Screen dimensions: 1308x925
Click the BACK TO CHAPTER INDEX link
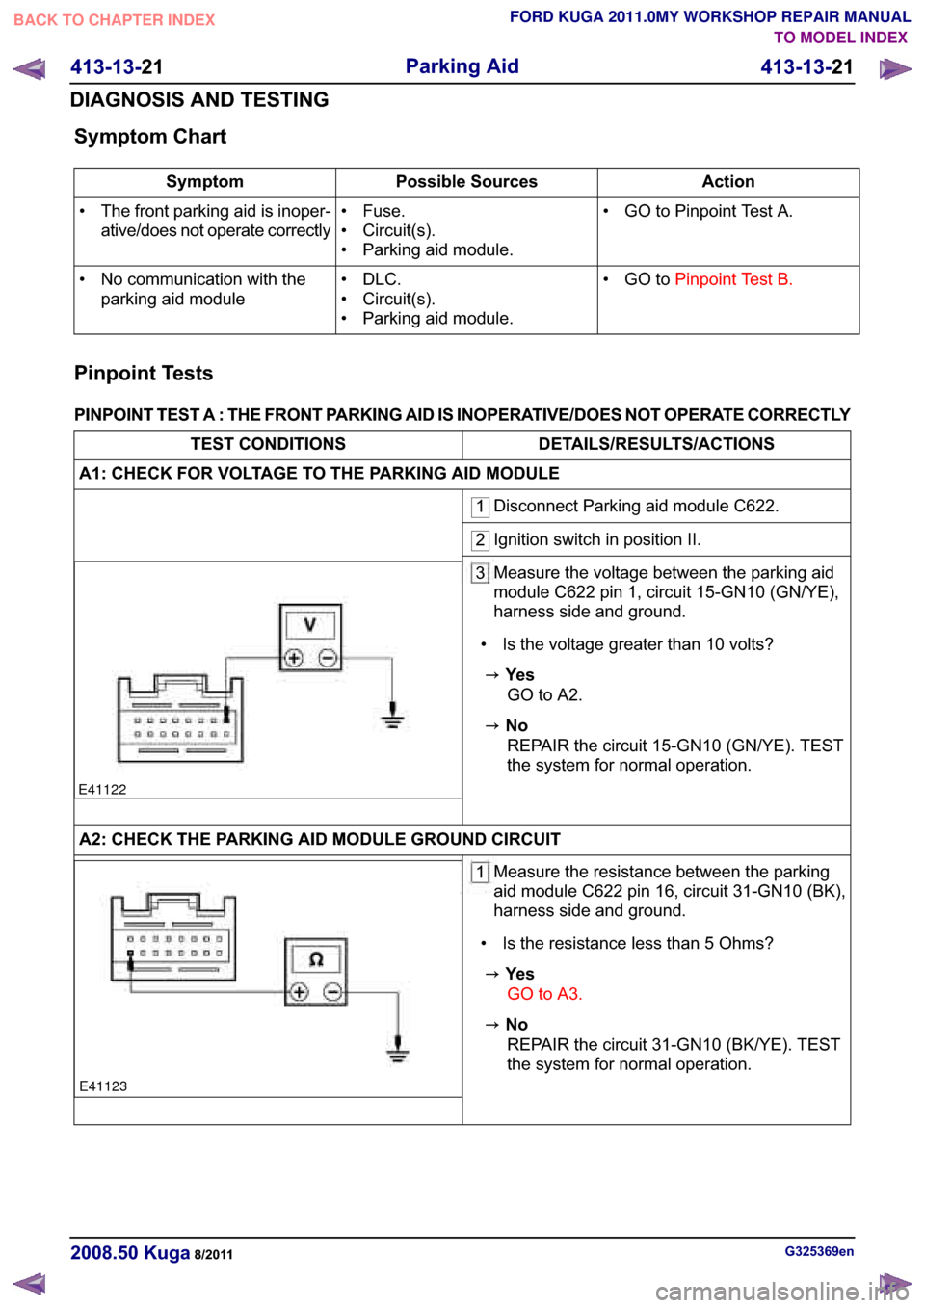114,20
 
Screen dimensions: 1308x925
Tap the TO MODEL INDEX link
840,38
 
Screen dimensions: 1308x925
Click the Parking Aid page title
462,66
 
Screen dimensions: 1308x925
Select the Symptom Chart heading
150,137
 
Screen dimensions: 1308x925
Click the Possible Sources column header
466,182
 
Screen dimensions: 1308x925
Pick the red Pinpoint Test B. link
733,279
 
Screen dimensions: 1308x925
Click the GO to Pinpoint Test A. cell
708,211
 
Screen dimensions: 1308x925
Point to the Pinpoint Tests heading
144,374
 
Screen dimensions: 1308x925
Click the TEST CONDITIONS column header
268,444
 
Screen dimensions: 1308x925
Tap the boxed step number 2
480,540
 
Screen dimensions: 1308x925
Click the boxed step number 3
480,573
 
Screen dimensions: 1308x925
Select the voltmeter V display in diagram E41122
310,625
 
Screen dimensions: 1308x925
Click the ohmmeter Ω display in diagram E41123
316,959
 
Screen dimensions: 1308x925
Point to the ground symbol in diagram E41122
392,716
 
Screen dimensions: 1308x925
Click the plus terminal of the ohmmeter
299,992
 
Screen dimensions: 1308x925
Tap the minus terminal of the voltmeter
328,658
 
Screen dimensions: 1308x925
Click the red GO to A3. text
544,994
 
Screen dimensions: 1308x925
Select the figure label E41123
103,1086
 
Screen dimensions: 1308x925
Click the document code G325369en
819,1252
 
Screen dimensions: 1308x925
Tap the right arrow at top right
895,69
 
